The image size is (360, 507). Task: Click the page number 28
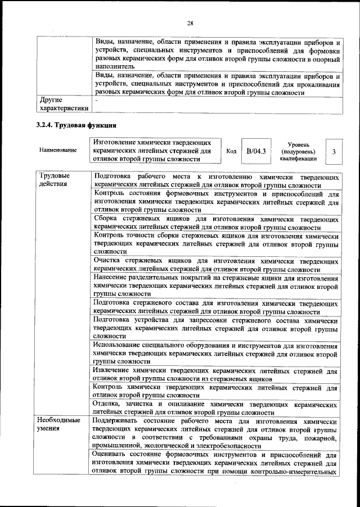190,23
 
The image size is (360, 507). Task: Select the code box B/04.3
255,151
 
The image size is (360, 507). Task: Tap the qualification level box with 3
334,151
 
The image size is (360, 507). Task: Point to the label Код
231,151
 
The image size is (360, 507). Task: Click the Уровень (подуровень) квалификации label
298,151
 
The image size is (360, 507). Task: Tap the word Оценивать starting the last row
113,455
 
